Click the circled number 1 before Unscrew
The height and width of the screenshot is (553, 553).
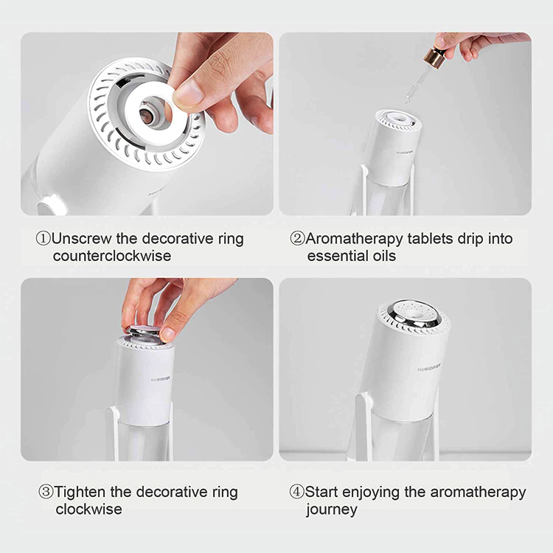(x=44, y=239)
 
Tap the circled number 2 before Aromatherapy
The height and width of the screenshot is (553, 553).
(x=297, y=239)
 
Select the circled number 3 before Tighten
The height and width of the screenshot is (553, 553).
(x=46, y=492)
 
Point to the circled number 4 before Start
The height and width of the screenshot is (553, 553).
(x=296, y=492)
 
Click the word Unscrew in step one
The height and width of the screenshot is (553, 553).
(x=82, y=239)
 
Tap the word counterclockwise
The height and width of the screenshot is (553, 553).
(x=112, y=256)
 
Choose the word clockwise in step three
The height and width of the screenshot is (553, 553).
(x=89, y=509)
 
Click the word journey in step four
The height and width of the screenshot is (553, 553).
(x=332, y=510)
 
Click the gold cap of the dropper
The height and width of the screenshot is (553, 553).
(x=435, y=57)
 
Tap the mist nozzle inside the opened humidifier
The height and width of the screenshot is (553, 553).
(x=147, y=114)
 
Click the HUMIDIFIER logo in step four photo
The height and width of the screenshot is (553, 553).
(x=429, y=368)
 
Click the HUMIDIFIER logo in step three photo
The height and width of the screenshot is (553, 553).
(x=161, y=379)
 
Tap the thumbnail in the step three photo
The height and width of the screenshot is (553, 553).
(x=168, y=333)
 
